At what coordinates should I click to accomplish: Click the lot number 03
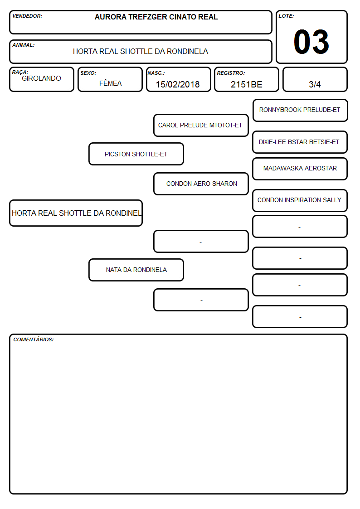pos(311,42)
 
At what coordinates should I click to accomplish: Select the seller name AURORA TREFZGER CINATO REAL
pos(156,17)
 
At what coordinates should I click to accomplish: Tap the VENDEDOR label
pos(27,16)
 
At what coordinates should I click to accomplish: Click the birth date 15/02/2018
pos(178,84)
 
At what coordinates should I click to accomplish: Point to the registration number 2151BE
pos(246,84)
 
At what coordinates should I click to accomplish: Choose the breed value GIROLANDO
pos(41,78)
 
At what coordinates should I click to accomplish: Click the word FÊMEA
pos(110,83)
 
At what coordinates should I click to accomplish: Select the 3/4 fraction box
pos(315,79)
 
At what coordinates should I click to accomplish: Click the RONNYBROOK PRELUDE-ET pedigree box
pos(300,111)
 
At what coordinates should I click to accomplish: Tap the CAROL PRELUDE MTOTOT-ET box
pos(201,125)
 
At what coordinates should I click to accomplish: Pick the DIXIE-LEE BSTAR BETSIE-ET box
pos(300,142)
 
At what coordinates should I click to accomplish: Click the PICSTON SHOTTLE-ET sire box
pos(136,154)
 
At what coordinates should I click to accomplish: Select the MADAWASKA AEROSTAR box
pos(300,169)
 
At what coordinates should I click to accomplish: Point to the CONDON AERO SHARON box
pos(201,184)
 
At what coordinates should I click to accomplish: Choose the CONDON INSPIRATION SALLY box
pos(300,201)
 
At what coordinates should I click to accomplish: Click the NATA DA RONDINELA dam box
pos(136,270)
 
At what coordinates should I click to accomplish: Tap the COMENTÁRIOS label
pos(34,339)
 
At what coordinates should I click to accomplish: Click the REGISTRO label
pos(231,73)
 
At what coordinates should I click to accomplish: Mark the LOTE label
pos(286,16)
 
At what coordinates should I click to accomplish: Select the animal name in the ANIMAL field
pos(141,51)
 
